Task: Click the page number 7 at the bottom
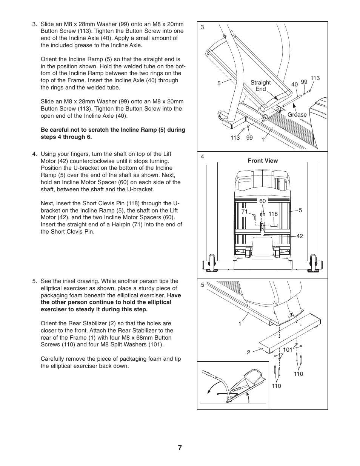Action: click(x=180, y=448)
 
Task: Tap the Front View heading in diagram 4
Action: click(x=263, y=161)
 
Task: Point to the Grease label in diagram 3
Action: click(x=297, y=115)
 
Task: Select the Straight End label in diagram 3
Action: click(x=260, y=86)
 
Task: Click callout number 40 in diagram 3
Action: click(x=294, y=85)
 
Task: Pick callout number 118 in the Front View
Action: click(x=273, y=214)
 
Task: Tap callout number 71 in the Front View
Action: click(x=244, y=212)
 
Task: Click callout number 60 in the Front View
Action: click(x=262, y=201)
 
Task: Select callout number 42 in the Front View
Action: click(x=300, y=236)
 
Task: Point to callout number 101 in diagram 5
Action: click(x=288, y=350)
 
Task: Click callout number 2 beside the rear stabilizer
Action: click(x=248, y=352)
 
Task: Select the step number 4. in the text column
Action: click(x=35, y=154)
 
